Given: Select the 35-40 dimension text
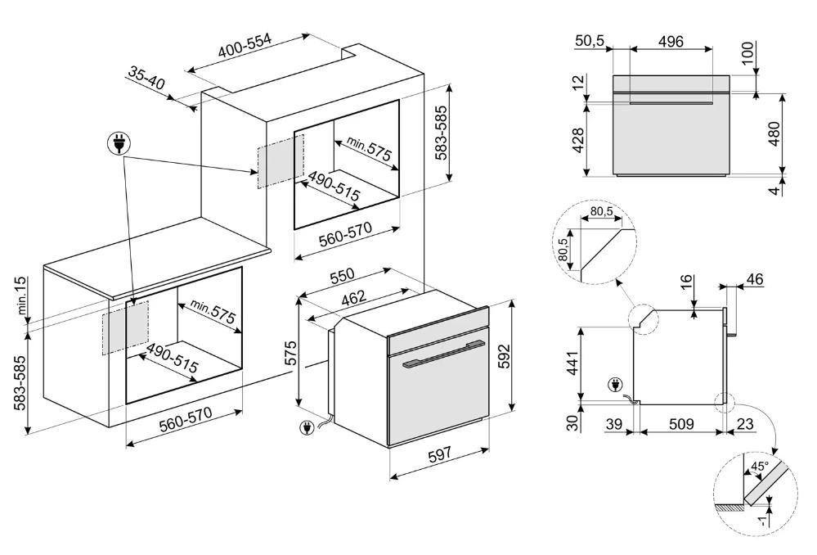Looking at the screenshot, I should (146, 78).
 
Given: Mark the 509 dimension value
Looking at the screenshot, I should (681, 424).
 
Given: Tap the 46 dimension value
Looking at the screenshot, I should (754, 280).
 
